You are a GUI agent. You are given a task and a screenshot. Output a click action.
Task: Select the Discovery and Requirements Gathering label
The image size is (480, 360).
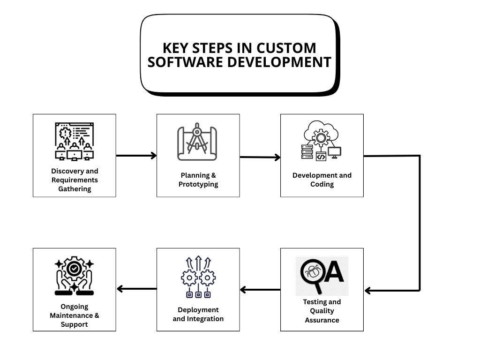tap(75, 180)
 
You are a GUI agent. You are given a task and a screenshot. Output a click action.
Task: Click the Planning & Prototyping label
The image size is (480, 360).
tap(198, 180)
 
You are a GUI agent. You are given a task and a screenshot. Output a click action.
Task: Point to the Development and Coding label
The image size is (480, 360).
tap(322, 180)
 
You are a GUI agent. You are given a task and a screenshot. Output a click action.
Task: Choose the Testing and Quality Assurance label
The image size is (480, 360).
tap(322, 311)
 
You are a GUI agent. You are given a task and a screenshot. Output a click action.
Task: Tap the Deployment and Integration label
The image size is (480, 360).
tap(198, 314)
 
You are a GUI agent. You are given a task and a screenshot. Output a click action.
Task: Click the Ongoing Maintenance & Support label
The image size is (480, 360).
tap(75, 315)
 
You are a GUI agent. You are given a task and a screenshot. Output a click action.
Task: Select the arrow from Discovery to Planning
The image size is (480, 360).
tap(136, 155)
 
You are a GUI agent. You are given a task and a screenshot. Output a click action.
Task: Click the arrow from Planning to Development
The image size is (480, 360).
tap(260, 157)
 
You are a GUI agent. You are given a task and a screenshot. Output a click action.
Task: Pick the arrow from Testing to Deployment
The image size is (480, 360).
tap(260, 290)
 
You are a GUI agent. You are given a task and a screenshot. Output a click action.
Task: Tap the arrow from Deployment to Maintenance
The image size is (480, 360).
tap(136, 289)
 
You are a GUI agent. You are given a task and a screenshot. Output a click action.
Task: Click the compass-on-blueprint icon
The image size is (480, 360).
tap(197, 142)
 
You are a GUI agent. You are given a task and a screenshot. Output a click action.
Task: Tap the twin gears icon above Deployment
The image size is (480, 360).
tap(198, 277)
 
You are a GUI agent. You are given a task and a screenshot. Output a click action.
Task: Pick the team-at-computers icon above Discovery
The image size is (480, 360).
tap(74, 141)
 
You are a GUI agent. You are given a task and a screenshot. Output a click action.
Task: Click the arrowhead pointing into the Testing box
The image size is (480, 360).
tap(368, 291)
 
